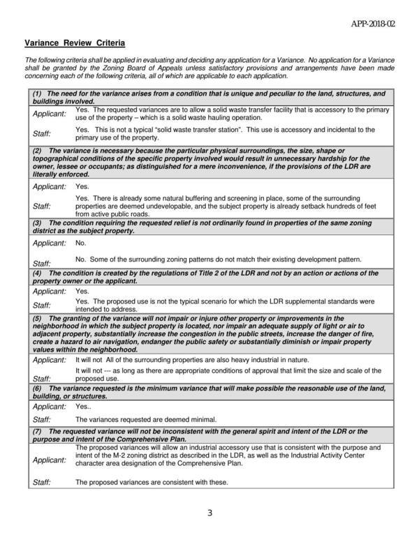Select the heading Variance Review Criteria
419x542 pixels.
[75, 43]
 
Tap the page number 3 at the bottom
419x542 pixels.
[209, 514]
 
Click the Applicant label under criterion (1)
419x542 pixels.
[50, 113]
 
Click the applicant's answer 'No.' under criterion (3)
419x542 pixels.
[80, 243]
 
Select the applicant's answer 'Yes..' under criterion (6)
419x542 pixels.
[83, 406]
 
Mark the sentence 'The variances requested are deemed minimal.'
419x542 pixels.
[145, 419]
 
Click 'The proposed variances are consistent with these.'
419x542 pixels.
[151, 482]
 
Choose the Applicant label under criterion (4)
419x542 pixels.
[50, 291]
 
